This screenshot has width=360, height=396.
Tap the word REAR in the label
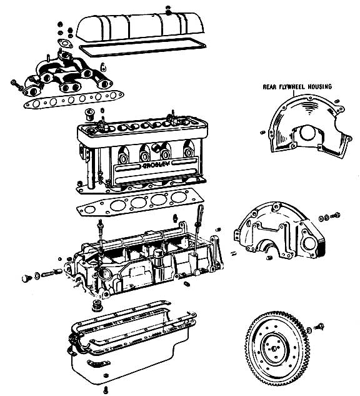click(269, 87)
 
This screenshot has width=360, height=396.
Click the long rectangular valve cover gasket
click(142, 48)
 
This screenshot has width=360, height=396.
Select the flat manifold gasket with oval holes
click(73, 99)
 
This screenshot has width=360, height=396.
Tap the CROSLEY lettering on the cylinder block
click(156, 165)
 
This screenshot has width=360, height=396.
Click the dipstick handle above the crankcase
click(200, 213)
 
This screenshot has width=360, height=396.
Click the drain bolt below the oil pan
click(106, 389)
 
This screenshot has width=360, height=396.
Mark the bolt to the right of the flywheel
click(319, 327)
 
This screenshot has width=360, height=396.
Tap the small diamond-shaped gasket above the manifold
click(65, 43)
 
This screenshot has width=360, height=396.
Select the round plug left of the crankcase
click(26, 278)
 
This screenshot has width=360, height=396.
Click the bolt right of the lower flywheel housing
click(335, 216)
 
